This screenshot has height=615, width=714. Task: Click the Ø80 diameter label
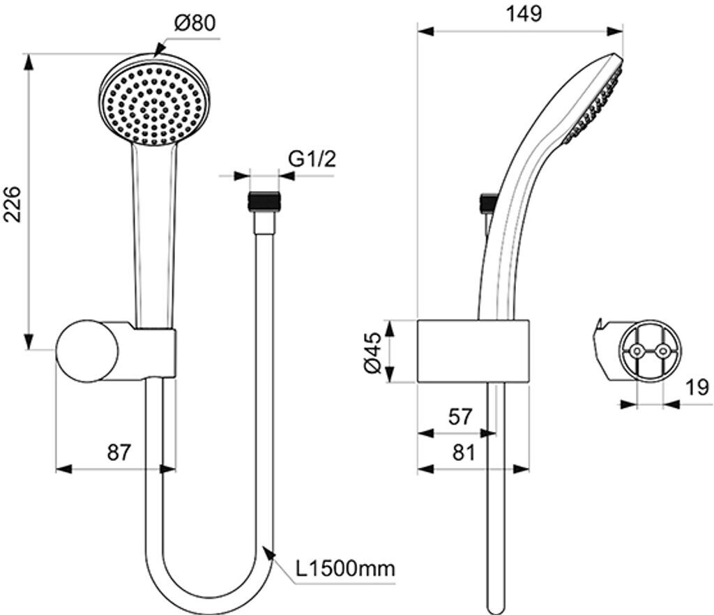[x=195, y=23]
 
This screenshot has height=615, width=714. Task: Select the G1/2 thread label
[x=312, y=159]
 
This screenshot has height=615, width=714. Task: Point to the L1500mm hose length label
[x=345, y=568]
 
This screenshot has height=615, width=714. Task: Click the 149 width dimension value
[x=524, y=14]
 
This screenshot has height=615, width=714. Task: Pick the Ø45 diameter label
[x=372, y=353]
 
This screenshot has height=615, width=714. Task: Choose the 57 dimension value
[x=460, y=416]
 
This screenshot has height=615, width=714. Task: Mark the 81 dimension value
[x=463, y=453]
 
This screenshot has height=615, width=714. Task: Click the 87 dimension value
[x=119, y=452]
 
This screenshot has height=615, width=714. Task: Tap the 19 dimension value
[x=697, y=387]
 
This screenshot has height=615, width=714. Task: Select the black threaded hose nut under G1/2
[x=264, y=202]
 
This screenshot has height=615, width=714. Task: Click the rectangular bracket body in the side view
[x=473, y=351]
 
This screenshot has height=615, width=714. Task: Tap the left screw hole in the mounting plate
[x=636, y=351]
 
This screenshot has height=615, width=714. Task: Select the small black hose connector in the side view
[x=488, y=203]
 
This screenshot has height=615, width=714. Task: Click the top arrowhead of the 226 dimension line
[x=29, y=62]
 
